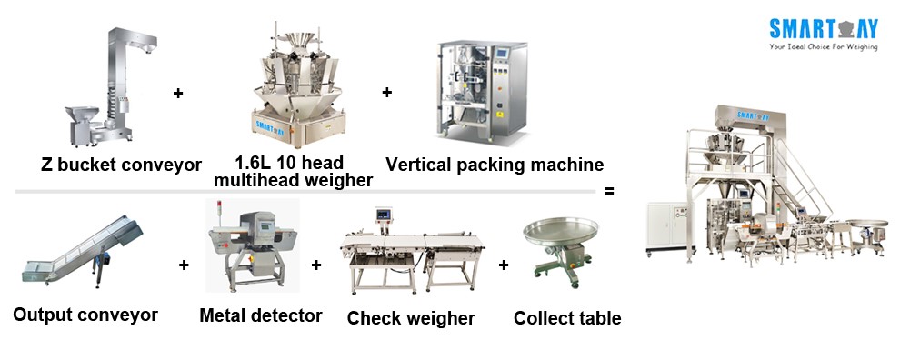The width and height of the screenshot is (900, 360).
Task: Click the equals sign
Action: point(609,192)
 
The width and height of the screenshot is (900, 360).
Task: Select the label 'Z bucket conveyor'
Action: point(121,165)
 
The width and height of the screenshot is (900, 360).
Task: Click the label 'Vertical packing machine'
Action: point(495,165)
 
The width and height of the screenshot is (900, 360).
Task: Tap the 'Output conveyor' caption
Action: point(85,315)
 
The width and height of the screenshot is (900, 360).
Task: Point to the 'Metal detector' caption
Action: point(261,316)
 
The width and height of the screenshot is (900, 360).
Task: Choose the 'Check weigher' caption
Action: point(411,318)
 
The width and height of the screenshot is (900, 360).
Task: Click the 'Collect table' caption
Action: point(567,318)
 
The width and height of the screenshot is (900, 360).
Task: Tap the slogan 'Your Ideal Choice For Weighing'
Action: point(823,45)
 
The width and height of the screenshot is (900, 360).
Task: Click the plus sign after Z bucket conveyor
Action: point(177,93)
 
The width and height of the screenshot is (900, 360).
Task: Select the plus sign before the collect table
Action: point(504,265)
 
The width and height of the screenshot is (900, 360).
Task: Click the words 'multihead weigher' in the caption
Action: point(293,180)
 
